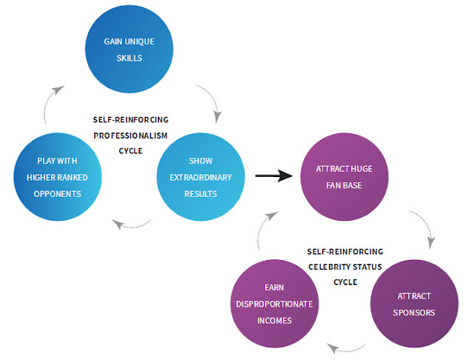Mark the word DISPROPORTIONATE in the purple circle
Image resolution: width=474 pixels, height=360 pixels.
(273, 304)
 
